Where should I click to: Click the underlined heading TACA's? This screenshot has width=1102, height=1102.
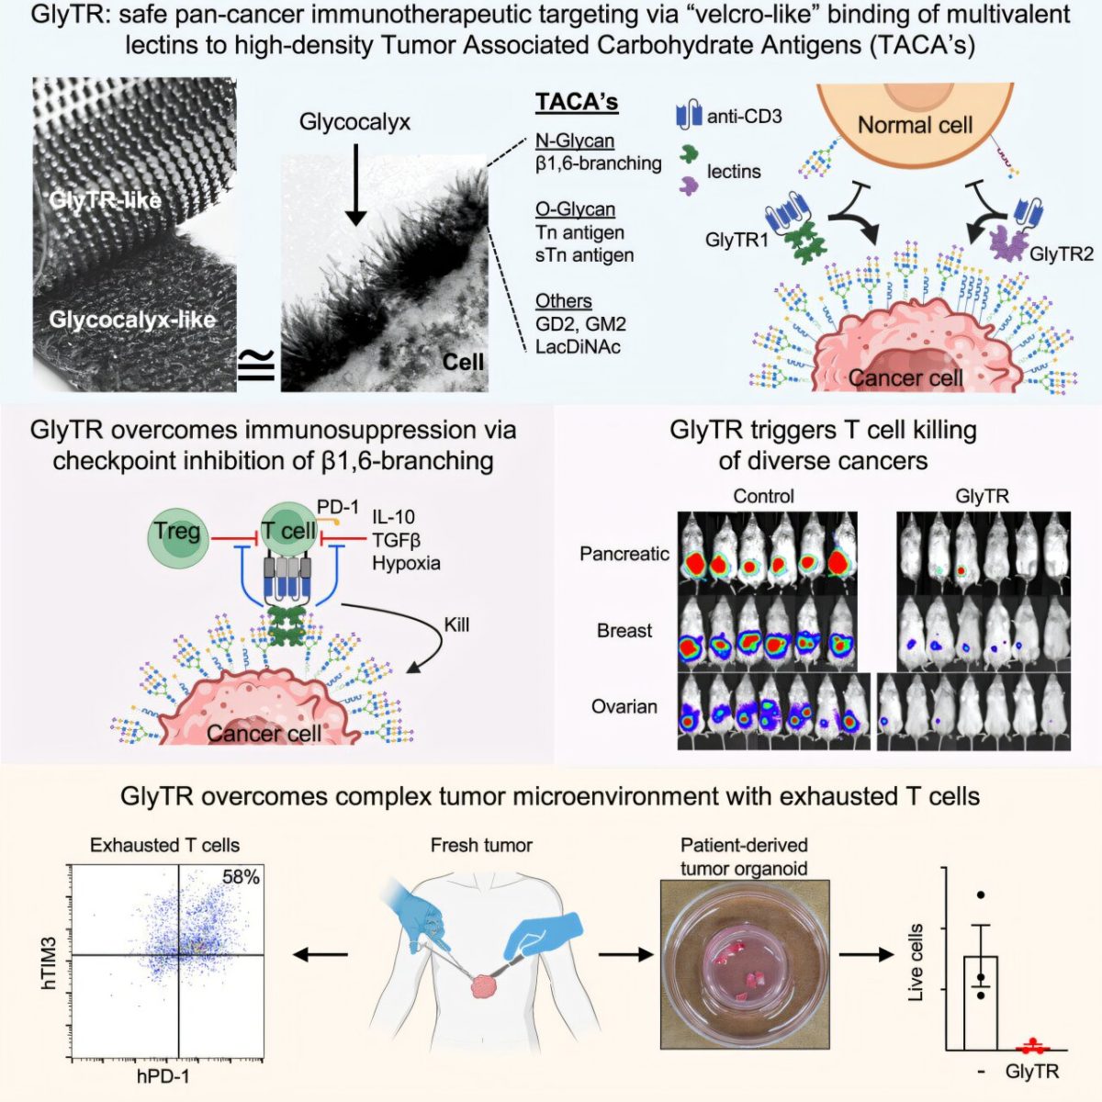click(577, 102)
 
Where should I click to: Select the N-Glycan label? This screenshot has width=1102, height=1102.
click(575, 141)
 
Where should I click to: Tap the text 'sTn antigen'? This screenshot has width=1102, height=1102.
click(584, 255)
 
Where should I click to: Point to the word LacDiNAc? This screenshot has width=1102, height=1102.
click(578, 347)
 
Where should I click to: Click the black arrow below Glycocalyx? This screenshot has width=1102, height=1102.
click(355, 193)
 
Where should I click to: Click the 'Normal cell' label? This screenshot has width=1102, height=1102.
click(914, 125)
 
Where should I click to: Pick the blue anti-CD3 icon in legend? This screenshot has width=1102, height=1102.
click(689, 116)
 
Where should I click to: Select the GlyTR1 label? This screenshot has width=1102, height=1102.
click(737, 241)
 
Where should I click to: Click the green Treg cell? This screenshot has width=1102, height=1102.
click(177, 532)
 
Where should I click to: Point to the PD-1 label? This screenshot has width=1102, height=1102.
click(338, 507)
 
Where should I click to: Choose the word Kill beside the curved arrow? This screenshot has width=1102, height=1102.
click(456, 624)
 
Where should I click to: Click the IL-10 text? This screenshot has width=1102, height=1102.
click(393, 517)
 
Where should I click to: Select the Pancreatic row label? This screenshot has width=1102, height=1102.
click(624, 554)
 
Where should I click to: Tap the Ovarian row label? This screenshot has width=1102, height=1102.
click(624, 706)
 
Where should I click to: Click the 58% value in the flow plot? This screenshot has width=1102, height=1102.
click(241, 877)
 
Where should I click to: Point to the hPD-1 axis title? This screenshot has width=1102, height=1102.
click(163, 1075)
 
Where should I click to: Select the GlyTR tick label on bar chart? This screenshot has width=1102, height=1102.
click(1031, 1072)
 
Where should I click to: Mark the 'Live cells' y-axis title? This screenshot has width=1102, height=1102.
click(916, 962)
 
